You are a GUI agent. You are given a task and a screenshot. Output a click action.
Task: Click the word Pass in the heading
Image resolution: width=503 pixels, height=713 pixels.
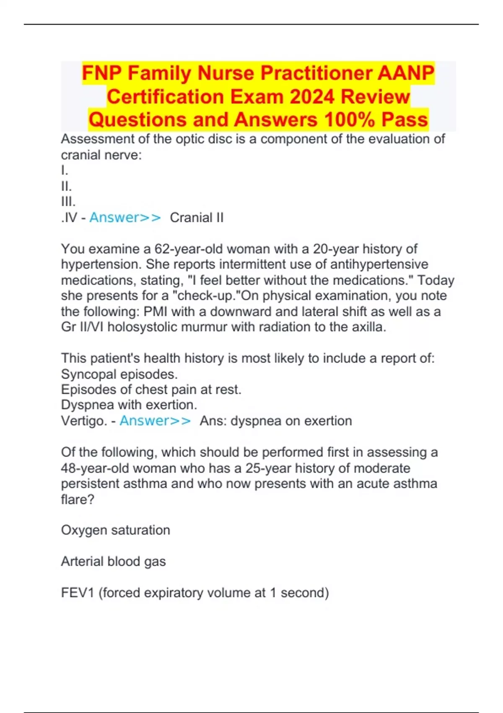pyautogui.click(x=404, y=120)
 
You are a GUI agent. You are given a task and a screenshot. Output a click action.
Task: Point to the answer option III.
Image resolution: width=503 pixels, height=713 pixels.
pyautogui.click(x=68, y=202)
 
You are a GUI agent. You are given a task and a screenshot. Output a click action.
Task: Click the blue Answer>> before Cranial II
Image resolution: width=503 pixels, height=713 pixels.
pyautogui.click(x=125, y=218)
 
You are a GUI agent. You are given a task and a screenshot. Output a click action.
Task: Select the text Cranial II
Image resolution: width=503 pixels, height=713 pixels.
pyautogui.click(x=197, y=218)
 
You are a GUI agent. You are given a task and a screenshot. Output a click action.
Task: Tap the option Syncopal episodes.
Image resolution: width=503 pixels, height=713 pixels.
pyautogui.click(x=119, y=374)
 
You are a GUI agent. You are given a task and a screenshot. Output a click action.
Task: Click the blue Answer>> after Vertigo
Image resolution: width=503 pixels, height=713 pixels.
pyautogui.click(x=155, y=421)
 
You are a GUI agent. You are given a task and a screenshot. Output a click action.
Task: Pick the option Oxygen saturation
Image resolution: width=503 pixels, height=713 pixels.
pyautogui.click(x=116, y=530)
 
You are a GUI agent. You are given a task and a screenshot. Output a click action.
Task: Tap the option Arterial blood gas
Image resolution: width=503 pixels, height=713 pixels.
pyautogui.click(x=113, y=562)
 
